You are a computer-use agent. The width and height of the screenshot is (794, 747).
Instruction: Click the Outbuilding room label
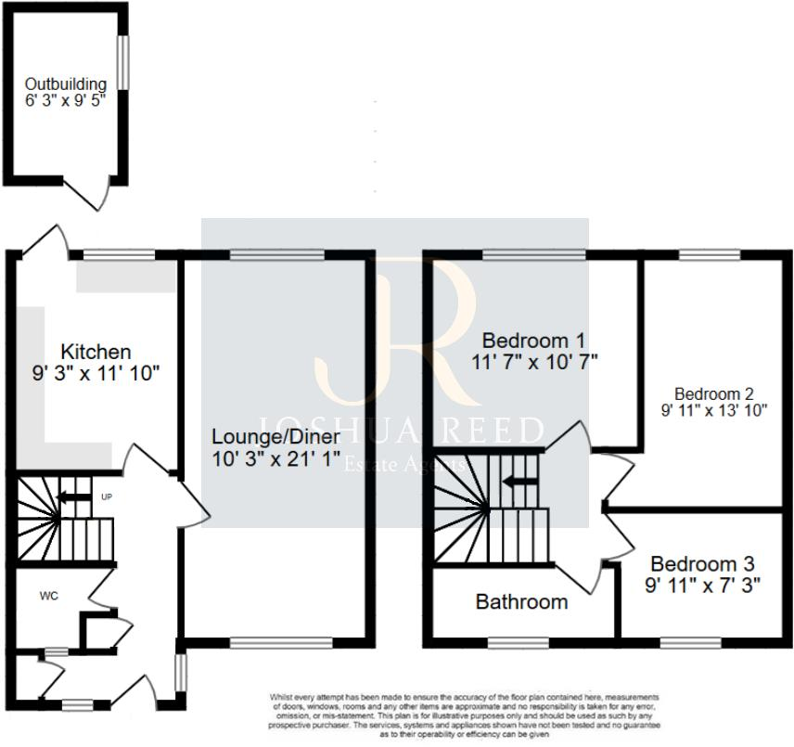click(65, 84)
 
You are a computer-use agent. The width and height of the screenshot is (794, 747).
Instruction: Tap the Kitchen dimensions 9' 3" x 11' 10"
click(96, 374)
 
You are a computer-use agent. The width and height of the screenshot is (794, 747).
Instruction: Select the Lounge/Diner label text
click(275, 436)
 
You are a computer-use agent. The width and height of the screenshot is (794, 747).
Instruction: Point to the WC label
click(49, 596)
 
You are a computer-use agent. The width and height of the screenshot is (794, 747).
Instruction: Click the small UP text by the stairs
click(107, 497)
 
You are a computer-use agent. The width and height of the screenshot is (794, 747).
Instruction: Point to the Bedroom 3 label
click(702, 563)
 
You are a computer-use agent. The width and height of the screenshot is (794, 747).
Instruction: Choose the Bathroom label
click(521, 602)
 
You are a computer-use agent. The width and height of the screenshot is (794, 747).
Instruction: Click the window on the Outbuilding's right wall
click(122, 62)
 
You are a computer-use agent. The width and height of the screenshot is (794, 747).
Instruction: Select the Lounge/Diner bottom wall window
click(281, 641)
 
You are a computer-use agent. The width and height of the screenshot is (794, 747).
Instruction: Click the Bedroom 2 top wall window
click(710, 253)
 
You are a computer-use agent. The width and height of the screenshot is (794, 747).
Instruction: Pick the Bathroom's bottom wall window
click(518, 641)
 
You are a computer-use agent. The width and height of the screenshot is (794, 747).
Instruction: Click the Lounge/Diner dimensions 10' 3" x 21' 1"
click(275, 459)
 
